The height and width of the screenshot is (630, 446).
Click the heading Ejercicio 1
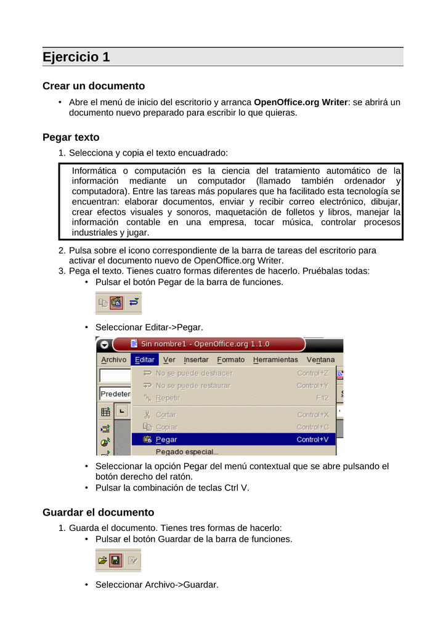click(x=76, y=57)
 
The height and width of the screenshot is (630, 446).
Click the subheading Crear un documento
click(x=94, y=86)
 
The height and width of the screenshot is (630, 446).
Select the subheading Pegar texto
click(x=71, y=137)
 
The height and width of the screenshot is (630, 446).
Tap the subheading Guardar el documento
click(x=98, y=512)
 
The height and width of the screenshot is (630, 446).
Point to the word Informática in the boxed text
click(x=92, y=170)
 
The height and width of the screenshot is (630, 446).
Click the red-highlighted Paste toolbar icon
click(x=116, y=303)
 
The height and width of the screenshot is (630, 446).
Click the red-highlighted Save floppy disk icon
click(x=116, y=560)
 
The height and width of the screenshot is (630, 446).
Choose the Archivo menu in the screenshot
click(x=113, y=360)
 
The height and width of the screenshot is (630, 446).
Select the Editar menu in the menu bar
click(x=145, y=360)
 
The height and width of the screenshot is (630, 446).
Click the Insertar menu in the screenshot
click(x=196, y=360)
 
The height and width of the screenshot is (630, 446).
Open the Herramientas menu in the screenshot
click(x=275, y=360)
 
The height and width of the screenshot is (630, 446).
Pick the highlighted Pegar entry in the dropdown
click(x=166, y=440)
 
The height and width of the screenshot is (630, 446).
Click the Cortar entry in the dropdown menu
click(x=166, y=415)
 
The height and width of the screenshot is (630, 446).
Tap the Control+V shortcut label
click(x=312, y=440)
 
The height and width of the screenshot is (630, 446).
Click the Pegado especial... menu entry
click(x=187, y=452)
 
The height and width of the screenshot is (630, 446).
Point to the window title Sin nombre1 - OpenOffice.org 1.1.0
click(x=205, y=344)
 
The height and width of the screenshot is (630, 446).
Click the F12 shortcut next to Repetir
click(x=322, y=398)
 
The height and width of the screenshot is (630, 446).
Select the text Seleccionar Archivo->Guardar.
click(x=157, y=584)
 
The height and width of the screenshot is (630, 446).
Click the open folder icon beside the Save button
click(x=102, y=560)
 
